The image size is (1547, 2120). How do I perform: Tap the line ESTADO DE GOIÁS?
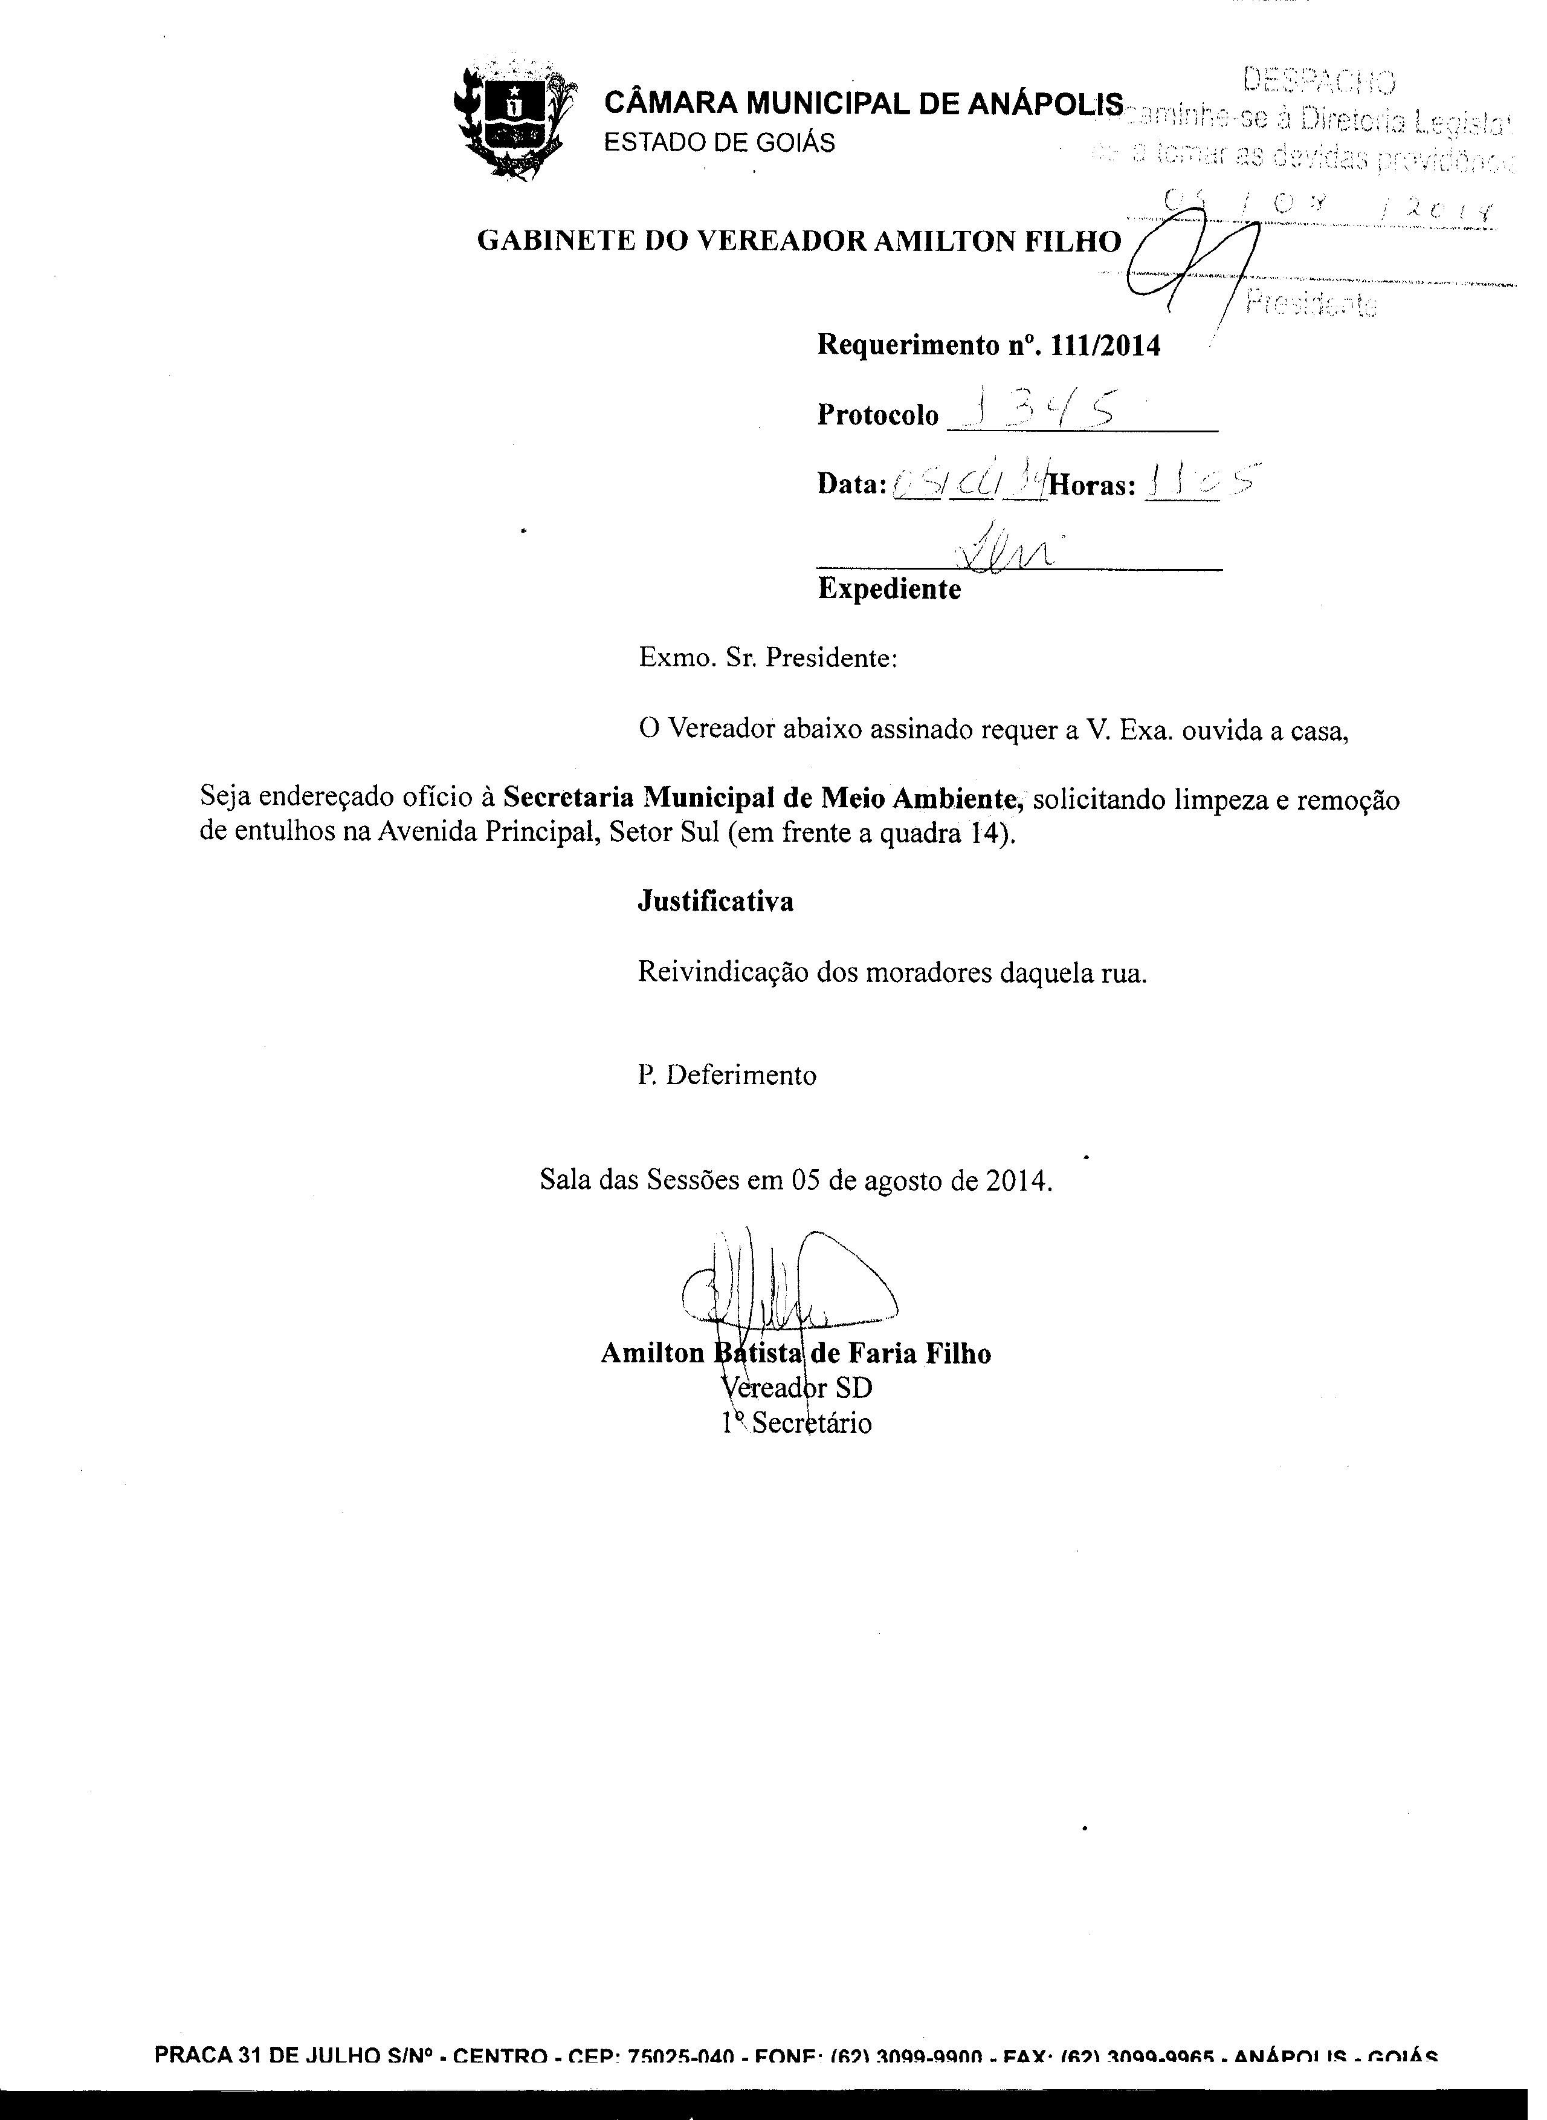click(719, 143)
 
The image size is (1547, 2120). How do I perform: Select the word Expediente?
click(889, 589)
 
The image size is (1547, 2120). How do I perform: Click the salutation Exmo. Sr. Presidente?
click(768, 658)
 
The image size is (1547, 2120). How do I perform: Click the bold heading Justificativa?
click(715, 901)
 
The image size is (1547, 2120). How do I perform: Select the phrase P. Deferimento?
click(727, 1076)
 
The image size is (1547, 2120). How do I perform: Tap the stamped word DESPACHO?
click(1319, 82)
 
